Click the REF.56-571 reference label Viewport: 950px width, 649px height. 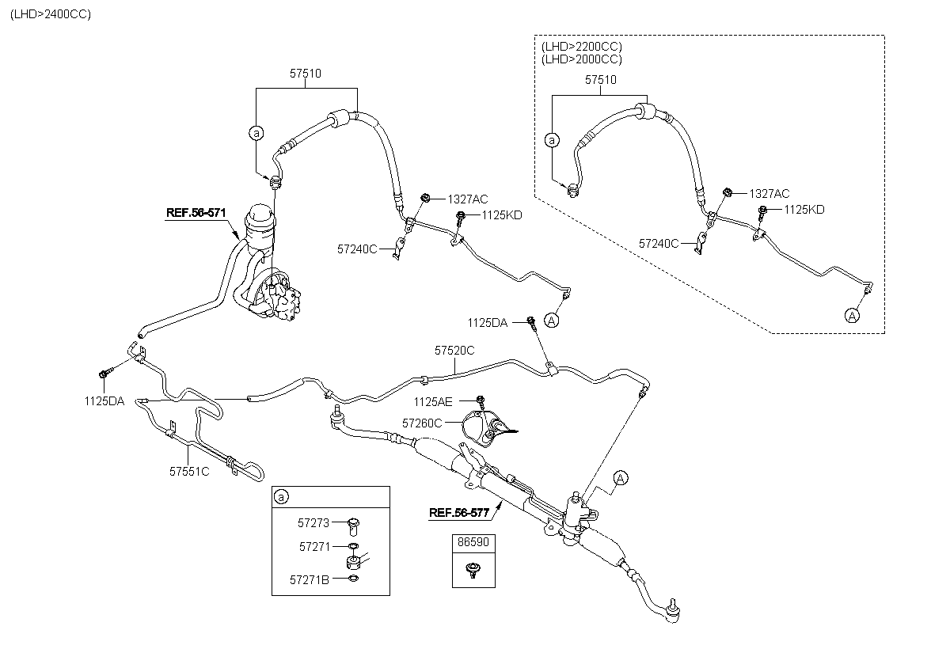(196, 213)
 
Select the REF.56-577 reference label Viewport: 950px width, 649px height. (459, 513)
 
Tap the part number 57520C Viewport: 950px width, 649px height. (454, 351)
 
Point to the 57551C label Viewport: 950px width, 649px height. (189, 472)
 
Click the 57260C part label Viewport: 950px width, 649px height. (422, 423)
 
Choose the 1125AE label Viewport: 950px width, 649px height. (433, 402)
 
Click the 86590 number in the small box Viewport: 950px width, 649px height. (473, 542)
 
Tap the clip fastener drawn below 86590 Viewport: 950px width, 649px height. (472, 570)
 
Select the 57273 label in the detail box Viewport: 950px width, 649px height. (313, 523)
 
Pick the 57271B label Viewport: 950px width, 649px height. (310, 580)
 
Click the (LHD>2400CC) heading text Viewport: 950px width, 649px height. (51, 14)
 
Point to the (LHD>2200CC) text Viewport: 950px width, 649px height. (582, 46)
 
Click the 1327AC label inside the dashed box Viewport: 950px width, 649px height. (769, 194)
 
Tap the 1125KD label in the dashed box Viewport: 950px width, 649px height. (804, 210)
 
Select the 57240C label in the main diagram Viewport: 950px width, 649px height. (357, 249)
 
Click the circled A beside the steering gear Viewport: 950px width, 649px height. (621, 478)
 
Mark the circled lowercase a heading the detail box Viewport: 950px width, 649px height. (281, 497)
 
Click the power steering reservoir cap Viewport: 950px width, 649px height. (260, 216)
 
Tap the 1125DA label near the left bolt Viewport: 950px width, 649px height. (104, 401)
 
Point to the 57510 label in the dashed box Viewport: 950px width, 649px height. (601, 80)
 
